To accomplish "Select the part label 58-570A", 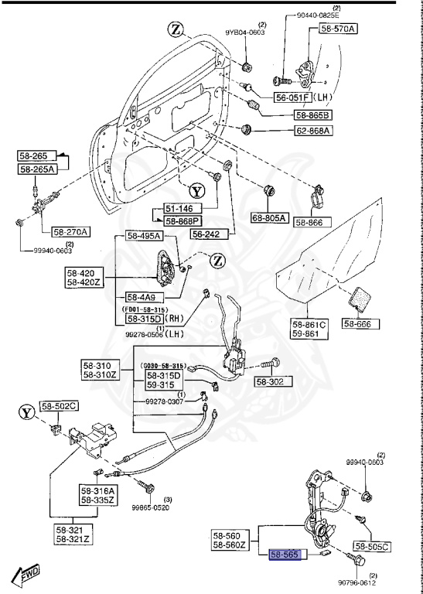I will pyautogui.click(x=336, y=29).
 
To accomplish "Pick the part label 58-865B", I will pyautogui.click(x=312, y=114).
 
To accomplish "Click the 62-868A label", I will pyautogui.click(x=312, y=131).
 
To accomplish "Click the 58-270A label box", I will pyautogui.click(x=70, y=231).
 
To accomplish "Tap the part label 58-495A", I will pyautogui.click(x=144, y=237).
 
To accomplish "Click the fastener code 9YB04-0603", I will pyautogui.click(x=245, y=33).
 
